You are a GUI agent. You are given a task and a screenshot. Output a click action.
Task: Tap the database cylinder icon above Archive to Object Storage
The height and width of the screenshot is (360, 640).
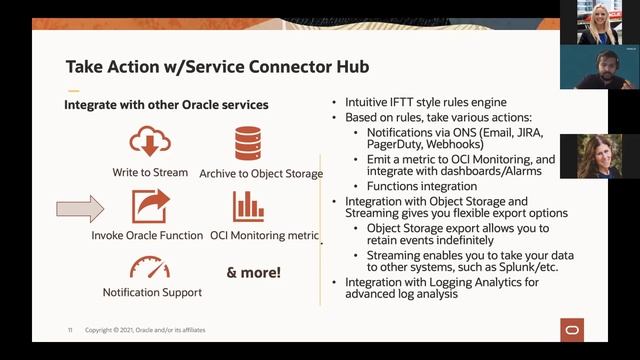[x=247, y=143]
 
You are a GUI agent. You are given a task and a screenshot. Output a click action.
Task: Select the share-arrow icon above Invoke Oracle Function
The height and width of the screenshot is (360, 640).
[x=150, y=206]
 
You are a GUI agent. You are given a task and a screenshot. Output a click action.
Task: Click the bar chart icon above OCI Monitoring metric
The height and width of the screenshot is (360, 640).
[x=248, y=206]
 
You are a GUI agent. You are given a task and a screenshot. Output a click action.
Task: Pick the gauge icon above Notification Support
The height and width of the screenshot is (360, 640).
[x=150, y=268]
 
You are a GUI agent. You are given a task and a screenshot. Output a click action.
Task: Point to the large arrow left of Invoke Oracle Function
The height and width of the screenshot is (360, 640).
[x=80, y=209]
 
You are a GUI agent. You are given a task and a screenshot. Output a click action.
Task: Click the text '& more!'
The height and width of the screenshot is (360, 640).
[x=254, y=272]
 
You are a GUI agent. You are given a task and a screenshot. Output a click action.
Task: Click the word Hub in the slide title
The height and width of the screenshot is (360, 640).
[x=347, y=68]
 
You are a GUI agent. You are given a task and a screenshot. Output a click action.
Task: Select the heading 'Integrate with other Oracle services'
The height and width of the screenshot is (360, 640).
[x=166, y=104]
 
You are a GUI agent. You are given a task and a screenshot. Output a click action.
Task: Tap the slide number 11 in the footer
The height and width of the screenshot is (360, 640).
[x=70, y=330]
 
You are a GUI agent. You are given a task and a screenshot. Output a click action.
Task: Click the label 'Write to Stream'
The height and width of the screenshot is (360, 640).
[x=150, y=173]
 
